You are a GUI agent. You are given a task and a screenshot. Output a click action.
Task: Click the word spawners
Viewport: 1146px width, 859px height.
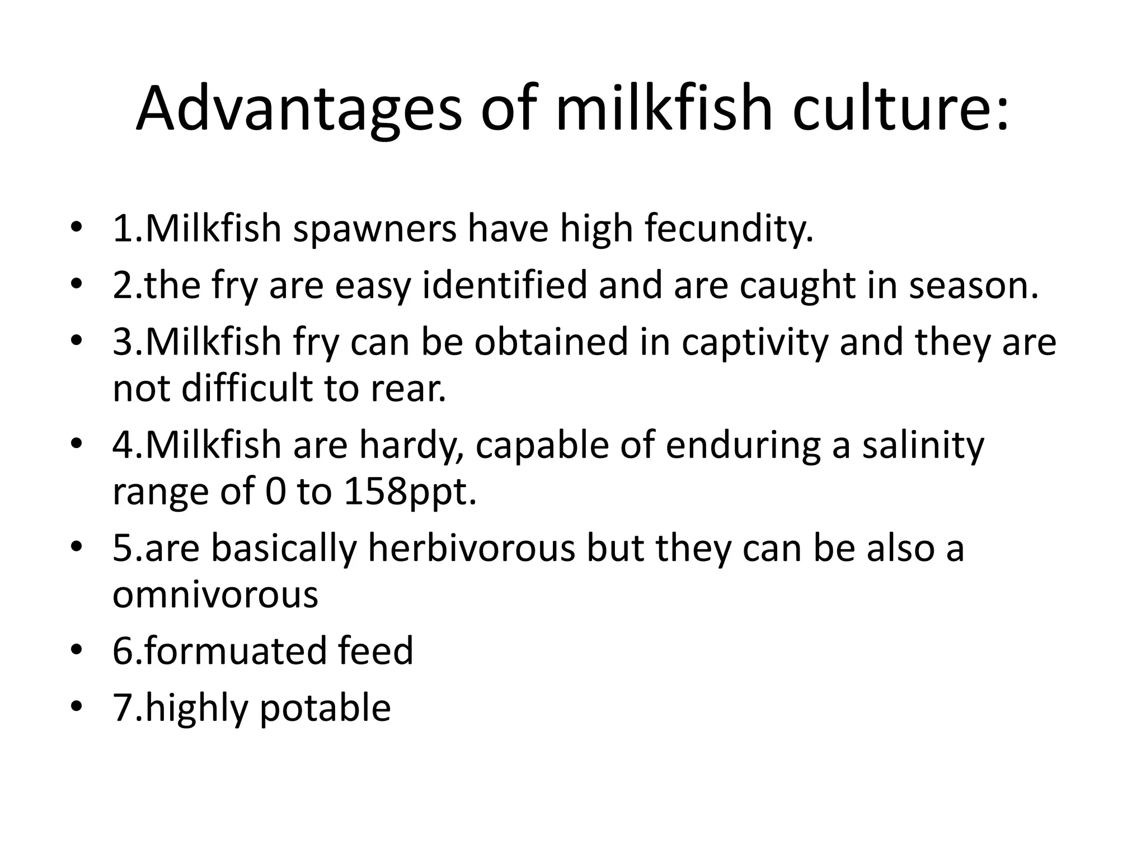[x=375, y=230]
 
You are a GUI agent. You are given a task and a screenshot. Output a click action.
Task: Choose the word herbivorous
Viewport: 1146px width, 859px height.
[x=472, y=548]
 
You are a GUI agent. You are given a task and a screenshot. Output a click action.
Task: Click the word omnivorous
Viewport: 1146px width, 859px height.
[x=215, y=594]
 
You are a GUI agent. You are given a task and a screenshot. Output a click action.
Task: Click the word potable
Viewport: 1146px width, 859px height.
[x=325, y=709]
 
